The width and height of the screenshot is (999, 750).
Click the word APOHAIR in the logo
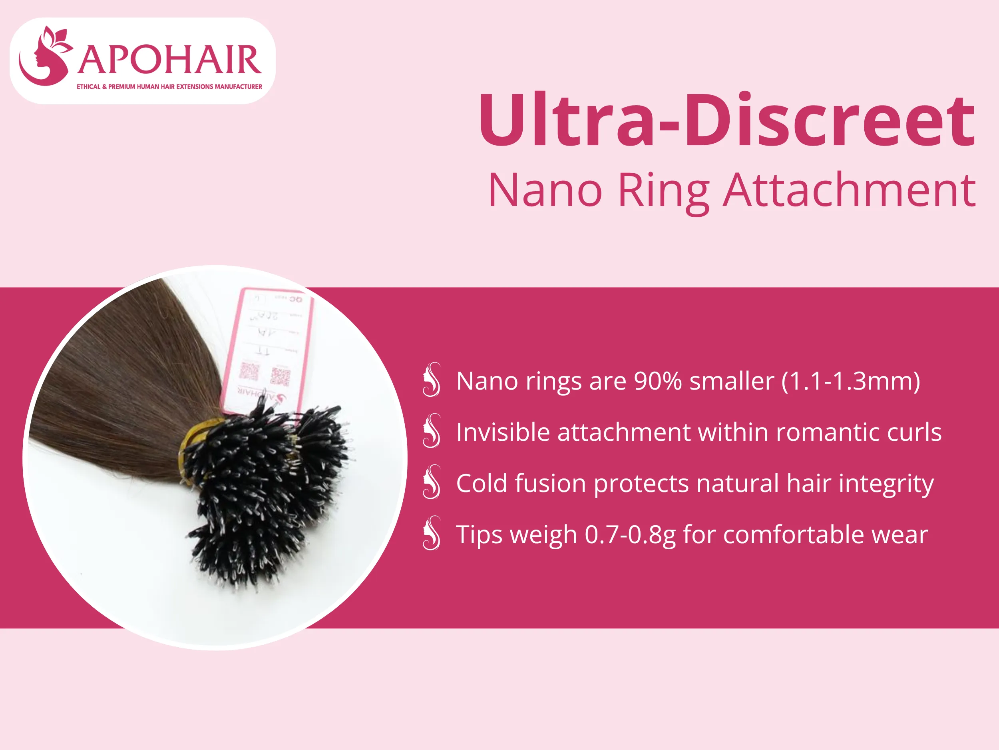[169, 60]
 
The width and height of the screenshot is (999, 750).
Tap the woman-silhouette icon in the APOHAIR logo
[44, 56]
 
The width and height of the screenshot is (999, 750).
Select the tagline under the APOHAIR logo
[169, 86]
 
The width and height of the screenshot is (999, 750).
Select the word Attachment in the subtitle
[849, 191]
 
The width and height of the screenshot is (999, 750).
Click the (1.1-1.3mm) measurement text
[851, 381]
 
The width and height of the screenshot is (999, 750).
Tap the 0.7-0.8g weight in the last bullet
[630, 535]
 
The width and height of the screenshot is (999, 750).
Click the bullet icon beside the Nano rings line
[431, 380]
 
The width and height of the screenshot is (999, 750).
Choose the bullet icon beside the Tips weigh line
[431, 533]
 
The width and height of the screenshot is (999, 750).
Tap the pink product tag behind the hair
[271, 344]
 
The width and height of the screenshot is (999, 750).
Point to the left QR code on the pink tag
[249, 371]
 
